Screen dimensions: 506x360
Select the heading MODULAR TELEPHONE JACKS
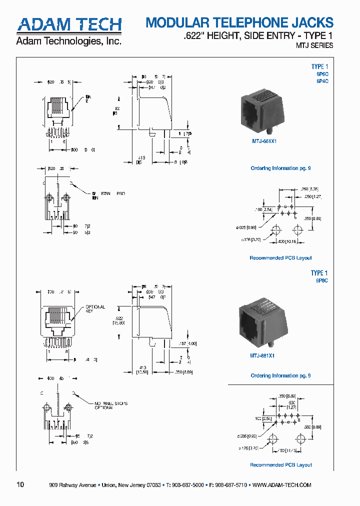point(239,22)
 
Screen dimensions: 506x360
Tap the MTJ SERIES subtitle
point(314,45)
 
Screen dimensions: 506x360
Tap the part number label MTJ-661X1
point(263,141)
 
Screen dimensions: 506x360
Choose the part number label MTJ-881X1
point(263,355)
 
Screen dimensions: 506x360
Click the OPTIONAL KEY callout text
point(95,308)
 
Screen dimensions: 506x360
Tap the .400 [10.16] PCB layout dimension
point(287,241)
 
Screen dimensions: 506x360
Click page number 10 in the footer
point(20,484)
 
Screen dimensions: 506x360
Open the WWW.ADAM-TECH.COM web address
point(282,485)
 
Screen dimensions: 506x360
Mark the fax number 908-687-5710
point(230,485)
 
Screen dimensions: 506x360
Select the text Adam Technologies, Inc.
point(69,41)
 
